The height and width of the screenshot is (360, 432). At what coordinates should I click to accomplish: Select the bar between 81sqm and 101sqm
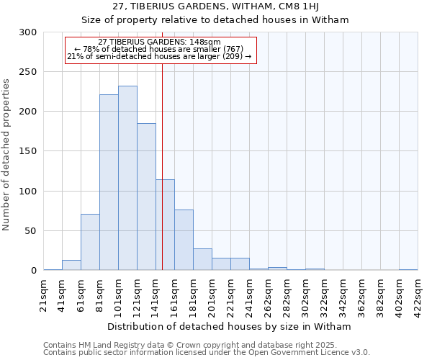click(x=109, y=183)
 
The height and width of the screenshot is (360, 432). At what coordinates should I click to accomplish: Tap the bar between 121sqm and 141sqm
click(x=146, y=197)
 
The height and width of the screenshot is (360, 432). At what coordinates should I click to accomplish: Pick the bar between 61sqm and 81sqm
click(x=90, y=242)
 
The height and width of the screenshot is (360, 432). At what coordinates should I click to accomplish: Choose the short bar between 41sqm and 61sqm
click(x=71, y=265)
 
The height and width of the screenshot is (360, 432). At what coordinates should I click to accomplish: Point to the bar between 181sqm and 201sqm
click(x=202, y=260)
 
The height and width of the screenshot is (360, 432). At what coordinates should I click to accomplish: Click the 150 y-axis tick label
click(x=28, y=151)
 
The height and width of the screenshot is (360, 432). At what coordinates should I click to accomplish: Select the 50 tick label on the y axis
click(x=31, y=231)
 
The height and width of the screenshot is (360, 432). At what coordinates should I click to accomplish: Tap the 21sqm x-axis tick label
click(x=44, y=294)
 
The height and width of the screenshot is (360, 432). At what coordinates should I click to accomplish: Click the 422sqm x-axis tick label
click(x=418, y=294)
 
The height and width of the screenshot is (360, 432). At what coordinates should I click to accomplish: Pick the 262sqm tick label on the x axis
click(x=269, y=294)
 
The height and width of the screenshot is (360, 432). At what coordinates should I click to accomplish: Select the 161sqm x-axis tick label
click(x=175, y=294)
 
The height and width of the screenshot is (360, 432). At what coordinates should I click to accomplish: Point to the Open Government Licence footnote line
click(x=207, y=353)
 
